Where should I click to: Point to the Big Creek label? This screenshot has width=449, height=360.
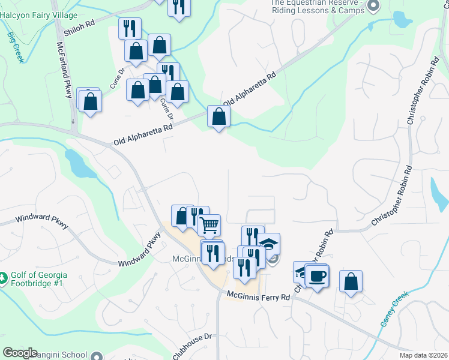click(x=15, y=48)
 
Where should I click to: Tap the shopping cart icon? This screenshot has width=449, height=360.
click(x=209, y=226)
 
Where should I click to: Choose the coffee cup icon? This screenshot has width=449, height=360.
click(x=317, y=275)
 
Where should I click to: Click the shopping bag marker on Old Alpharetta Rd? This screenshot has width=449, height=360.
click(x=218, y=116)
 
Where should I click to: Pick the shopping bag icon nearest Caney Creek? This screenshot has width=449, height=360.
click(x=351, y=281)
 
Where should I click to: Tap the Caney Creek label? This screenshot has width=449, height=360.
click(x=394, y=308)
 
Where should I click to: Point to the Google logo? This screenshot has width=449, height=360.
click(x=20, y=353)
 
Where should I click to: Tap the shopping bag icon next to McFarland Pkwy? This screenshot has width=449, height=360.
click(x=90, y=100)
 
